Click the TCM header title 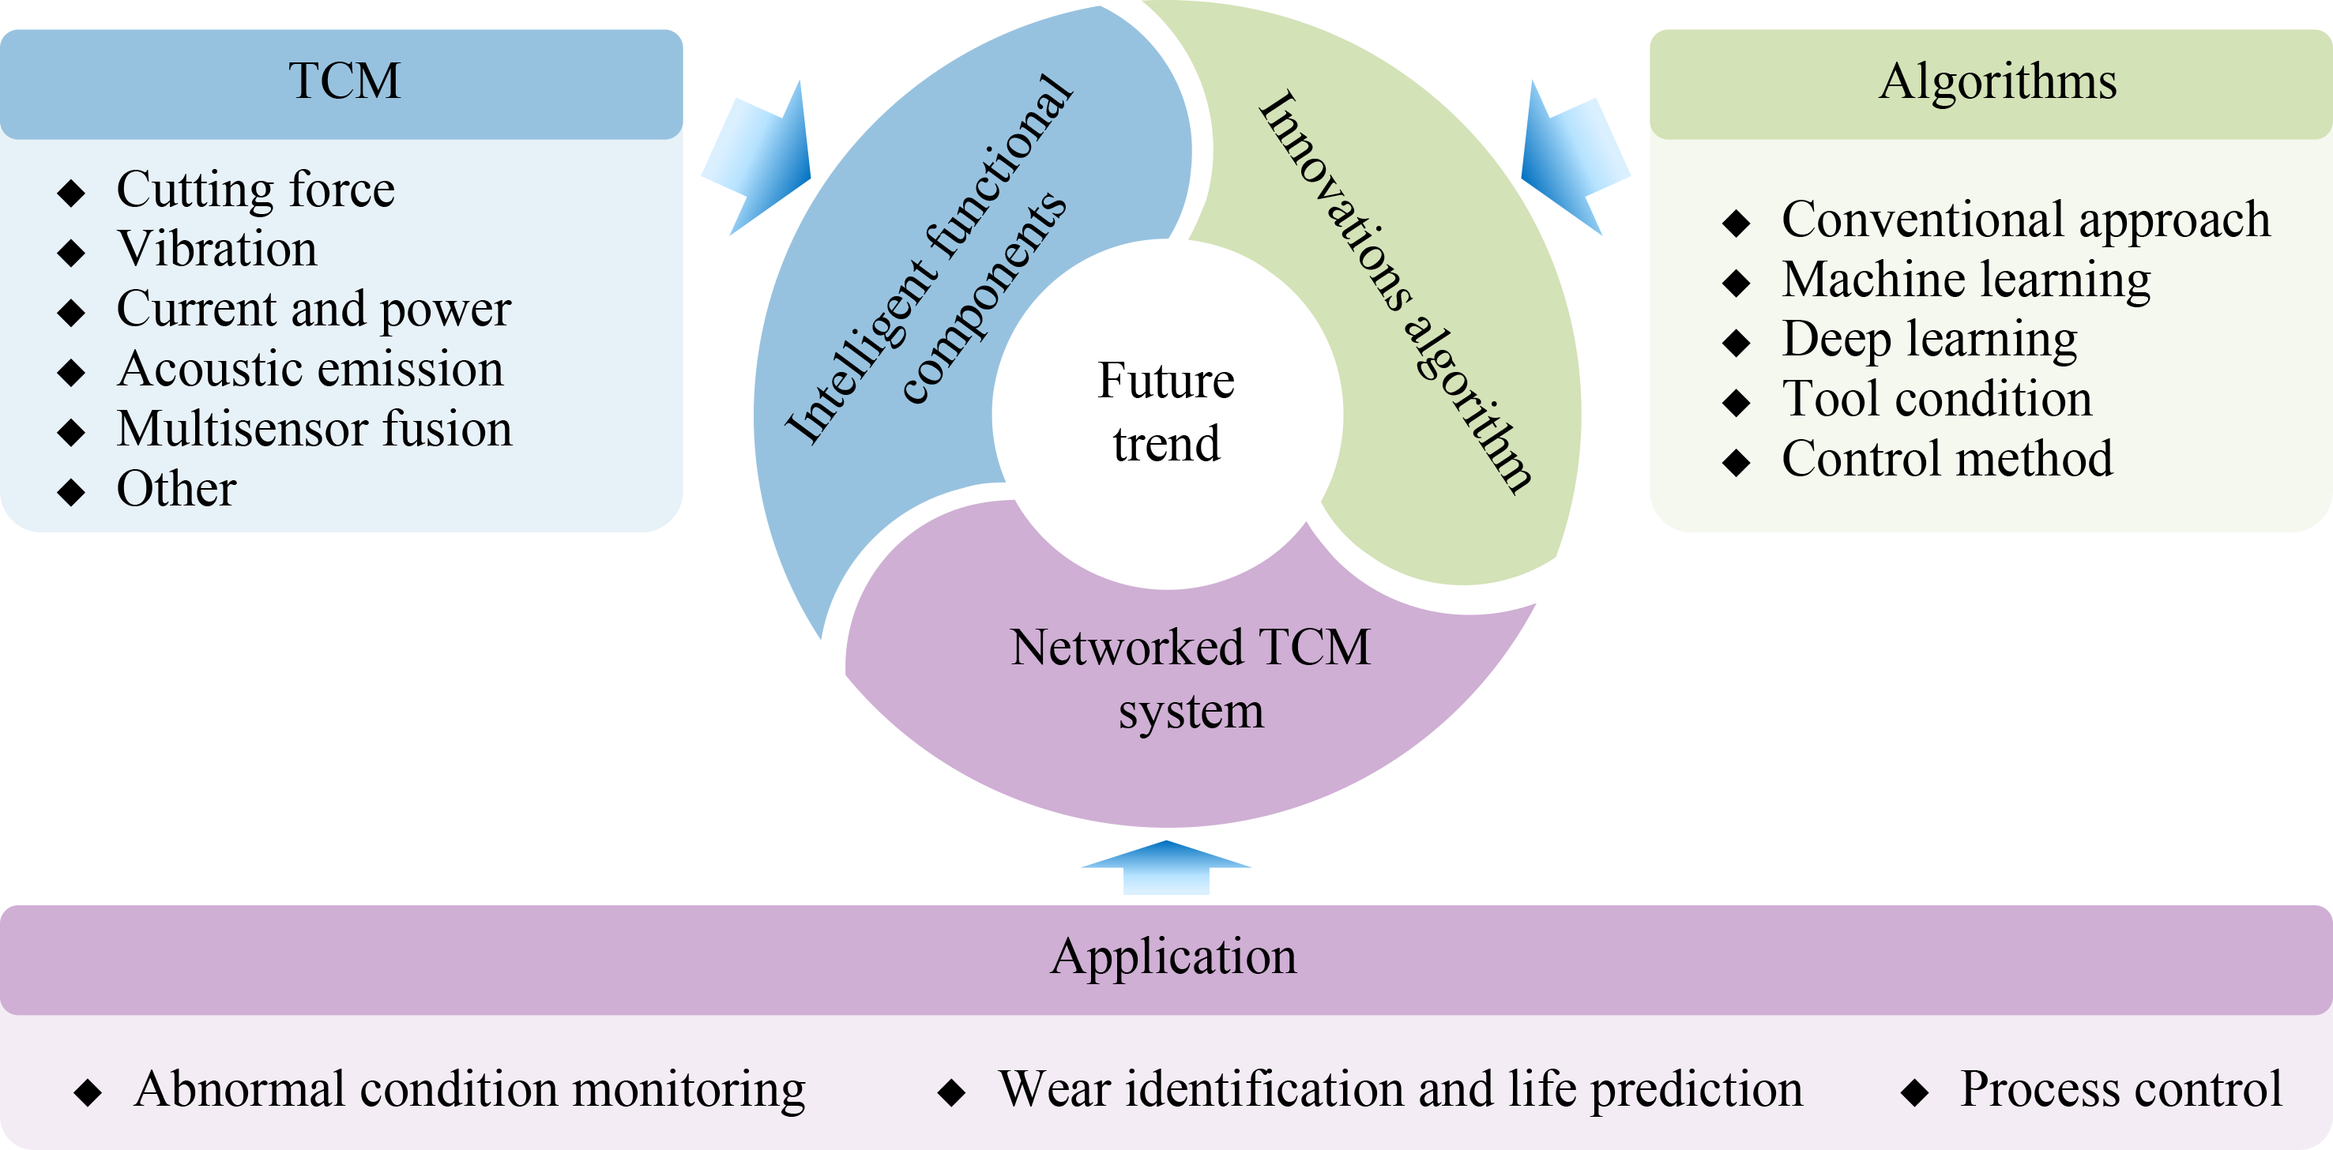(x=344, y=81)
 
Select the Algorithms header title (x=1997, y=81)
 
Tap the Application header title (x=1173, y=956)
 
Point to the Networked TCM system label (x=1190, y=678)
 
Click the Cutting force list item (x=255, y=190)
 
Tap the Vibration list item (x=217, y=249)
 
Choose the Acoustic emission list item (x=310, y=370)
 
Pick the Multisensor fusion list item (x=314, y=429)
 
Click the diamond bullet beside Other (x=70, y=493)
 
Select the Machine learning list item (x=1966, y=279)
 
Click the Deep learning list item (x=1929, y=340)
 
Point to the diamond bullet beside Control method (x=1737, y=462)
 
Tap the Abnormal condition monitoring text (x=469, y=1089)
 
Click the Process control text (x=2121, y=1089)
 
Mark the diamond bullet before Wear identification (x=951, y=1092)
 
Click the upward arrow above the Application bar (x=1166, y=866)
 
